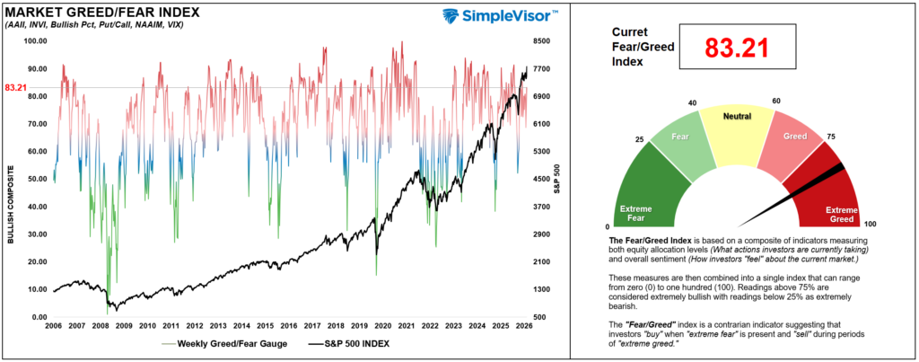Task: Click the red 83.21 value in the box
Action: [736, 48]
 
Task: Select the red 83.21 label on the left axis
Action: [16, 87]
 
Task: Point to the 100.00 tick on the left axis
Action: [35, 41]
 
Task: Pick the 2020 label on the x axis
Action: [382, 326]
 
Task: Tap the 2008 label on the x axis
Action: [101, 326]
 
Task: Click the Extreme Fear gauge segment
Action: [648, 188]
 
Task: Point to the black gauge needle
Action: [791, 196]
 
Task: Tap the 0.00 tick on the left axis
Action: [38, 317]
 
